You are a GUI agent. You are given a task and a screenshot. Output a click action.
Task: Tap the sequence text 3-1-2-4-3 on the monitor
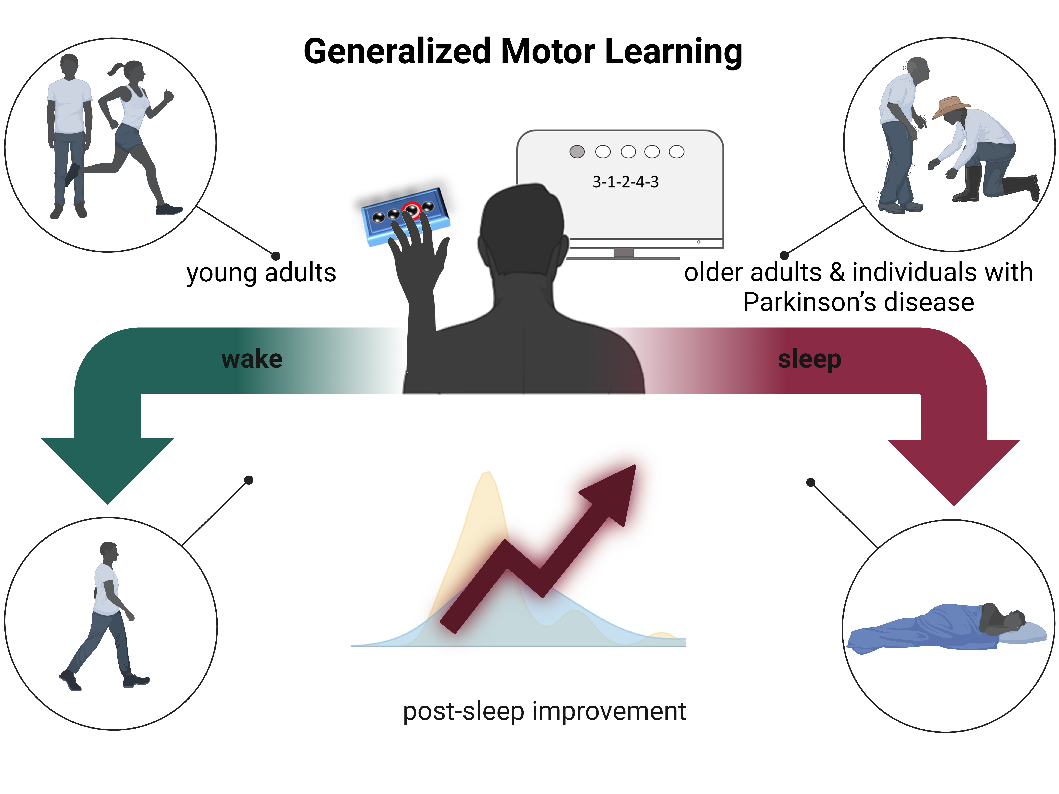pyautogui.click(x=626, y=182)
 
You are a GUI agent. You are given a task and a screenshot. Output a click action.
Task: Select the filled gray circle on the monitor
pyautogui.click(x=577, y=152)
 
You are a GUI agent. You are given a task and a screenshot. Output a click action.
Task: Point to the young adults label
pyautogui.click(x=261, y=273)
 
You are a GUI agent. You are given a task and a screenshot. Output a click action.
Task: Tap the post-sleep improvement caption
pyautogui.click(x=544, y=711)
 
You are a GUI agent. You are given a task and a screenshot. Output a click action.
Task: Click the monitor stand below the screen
pyautogui.click(x=623, y=254)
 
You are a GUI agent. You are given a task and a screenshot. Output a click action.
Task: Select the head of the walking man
pyautogui.click(x=109, y=552)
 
